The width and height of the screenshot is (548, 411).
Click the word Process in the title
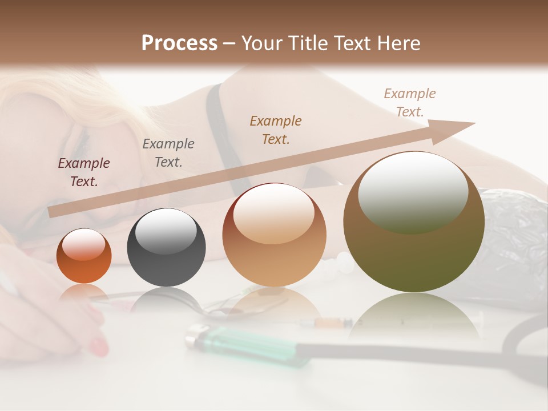tap(179, 43)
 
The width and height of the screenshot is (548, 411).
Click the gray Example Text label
tap(168, 153)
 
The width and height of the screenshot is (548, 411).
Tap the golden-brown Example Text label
tap(276, 130)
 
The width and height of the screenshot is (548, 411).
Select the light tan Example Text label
tap(409, 103)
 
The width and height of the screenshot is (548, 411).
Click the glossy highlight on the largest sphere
tap(413, 191)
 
